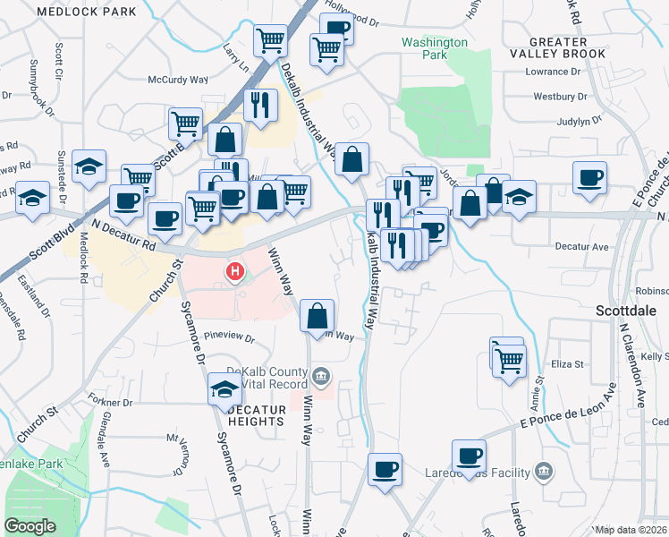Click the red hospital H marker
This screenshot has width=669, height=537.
point(235,270)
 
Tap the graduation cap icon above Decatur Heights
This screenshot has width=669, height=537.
point(224,388)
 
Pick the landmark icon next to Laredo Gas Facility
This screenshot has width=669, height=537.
point(542,471)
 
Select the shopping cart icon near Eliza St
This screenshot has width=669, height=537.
point(510,361)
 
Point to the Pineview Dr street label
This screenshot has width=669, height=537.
point(230,338)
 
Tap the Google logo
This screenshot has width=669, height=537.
point(30,526)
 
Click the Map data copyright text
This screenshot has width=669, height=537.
point(631,530)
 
